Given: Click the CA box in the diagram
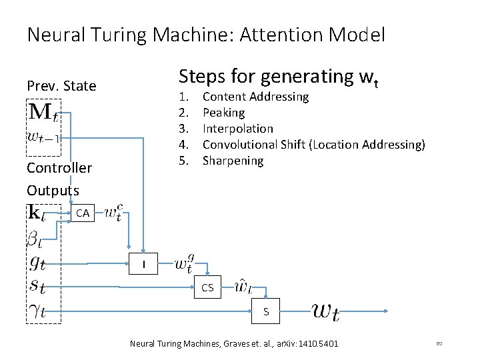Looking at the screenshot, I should pos(83,214).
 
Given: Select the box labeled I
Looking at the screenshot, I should pos(142,265).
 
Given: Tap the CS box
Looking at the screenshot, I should pos(207,288).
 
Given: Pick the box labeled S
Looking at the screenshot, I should pos(266,311).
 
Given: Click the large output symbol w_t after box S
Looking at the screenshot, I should pos(325,311).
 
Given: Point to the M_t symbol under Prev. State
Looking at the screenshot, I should pos(43,111).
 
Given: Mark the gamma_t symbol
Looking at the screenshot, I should pos(38,311).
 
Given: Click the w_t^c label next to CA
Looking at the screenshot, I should pos(109,214).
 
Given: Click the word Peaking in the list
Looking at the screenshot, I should pos(223,113).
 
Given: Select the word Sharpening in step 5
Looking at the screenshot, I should pos(233,161).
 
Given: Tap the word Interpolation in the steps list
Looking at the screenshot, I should pos(237,129).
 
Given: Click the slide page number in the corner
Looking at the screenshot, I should pos(439,344).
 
